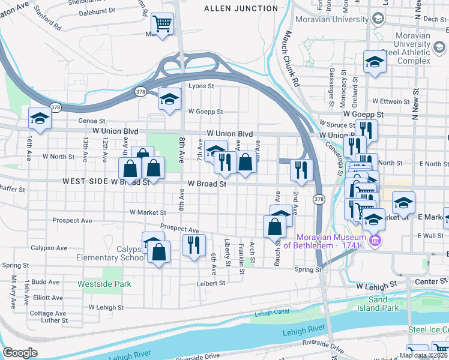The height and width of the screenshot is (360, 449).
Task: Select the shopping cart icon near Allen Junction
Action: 162,25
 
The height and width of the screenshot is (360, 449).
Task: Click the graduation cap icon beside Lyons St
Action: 170,98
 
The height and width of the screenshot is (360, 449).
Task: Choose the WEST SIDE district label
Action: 84,181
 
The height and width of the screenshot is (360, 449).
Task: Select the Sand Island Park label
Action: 384,304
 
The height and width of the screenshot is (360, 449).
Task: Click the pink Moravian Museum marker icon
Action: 376,241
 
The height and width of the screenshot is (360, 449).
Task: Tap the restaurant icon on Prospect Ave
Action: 194,245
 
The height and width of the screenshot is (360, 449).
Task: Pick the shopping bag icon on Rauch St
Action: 274,227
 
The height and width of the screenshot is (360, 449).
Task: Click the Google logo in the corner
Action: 20,352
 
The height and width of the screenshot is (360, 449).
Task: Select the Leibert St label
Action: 209,283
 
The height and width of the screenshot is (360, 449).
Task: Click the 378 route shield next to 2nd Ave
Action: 319,199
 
